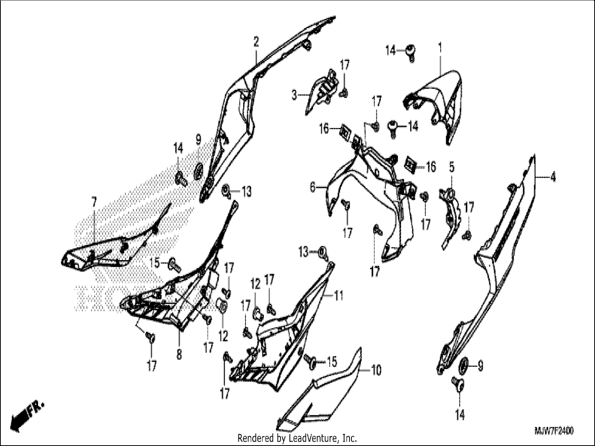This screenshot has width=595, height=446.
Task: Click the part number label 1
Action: pos(440,48)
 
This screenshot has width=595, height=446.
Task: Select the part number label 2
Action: pos(256,42)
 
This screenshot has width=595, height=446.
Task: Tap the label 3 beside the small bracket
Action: pos(294,95)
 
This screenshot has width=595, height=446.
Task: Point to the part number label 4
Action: pos(553,177)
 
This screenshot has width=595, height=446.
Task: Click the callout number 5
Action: pos(451,167)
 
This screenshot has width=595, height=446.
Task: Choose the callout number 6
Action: pos(313,187)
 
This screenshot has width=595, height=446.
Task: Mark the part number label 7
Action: pos(94,202)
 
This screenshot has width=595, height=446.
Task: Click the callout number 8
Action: pos(179,354)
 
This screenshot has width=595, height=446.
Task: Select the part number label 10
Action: pos(376,370)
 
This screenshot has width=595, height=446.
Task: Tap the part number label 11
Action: pos(339,295)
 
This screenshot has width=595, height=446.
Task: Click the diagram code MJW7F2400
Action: pos(554,431)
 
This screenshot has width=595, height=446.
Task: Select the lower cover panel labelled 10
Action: pos(319,390)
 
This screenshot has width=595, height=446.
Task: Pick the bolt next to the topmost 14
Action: pos(411,53)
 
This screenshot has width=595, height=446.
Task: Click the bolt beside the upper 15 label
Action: pos(175,265)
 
